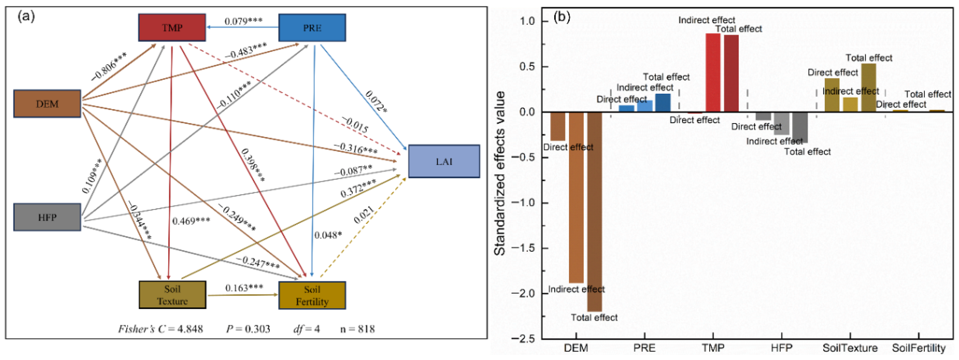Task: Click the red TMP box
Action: [172, 28]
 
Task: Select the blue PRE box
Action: [312, 28]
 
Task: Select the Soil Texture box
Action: [172, 295]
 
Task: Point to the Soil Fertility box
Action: [312, 295]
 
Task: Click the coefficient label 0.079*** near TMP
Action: [243, 21]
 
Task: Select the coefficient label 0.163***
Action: [244, 288]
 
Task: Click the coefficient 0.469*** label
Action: [191, 221]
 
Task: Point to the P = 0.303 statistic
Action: [248, 329]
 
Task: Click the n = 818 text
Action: [357, 329]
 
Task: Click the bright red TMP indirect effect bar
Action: [713, 73]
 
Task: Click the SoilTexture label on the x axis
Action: [850, 348]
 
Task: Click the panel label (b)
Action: [562, 16]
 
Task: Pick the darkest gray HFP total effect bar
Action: [800, 128]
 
